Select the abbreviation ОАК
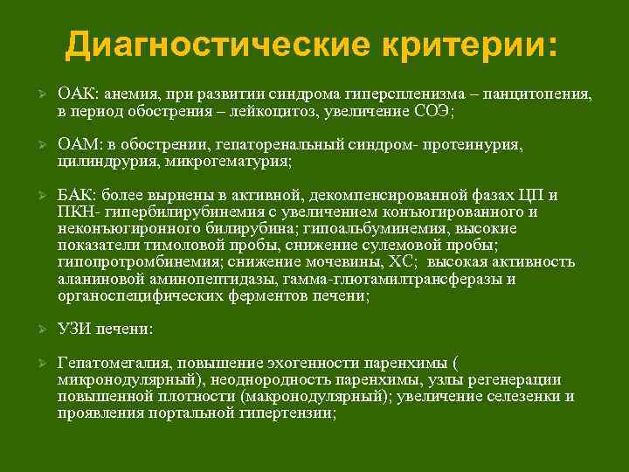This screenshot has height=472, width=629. [75, 94]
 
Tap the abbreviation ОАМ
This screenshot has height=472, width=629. [76, 144]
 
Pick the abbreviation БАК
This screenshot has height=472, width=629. [75, 195]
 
